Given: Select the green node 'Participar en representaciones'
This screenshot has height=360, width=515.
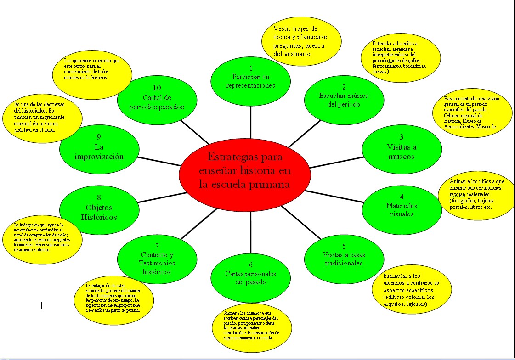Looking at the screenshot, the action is (251, 79).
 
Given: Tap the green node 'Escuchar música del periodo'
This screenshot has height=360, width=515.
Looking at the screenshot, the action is (344, 99).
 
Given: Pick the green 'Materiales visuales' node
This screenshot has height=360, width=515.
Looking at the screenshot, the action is (402, 209).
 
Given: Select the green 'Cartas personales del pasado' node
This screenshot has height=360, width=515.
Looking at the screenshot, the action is (251, 276).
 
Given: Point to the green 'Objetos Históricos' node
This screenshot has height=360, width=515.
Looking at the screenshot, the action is (99, 209).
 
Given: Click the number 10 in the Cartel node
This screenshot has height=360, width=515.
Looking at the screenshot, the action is (157, 87).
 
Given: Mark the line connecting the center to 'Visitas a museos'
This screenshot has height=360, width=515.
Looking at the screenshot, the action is (335, 161).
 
